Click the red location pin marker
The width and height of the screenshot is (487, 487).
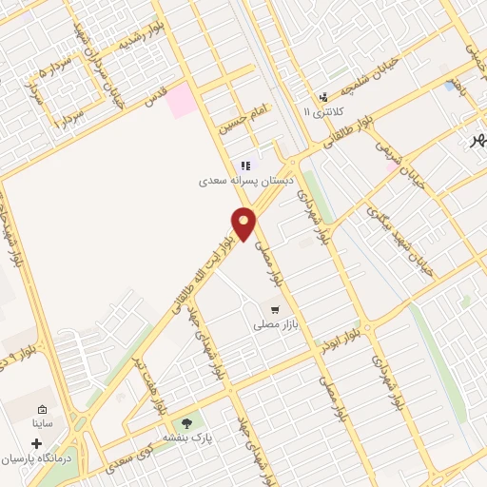244,223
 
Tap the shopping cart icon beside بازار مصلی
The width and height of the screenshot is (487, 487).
275,310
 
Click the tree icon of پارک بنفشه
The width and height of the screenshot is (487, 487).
186,423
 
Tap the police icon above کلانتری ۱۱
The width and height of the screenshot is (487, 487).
323,96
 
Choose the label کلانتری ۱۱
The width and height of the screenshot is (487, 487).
320,111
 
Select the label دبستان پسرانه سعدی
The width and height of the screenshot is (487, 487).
246,179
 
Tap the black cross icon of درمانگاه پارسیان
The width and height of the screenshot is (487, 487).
37,443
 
